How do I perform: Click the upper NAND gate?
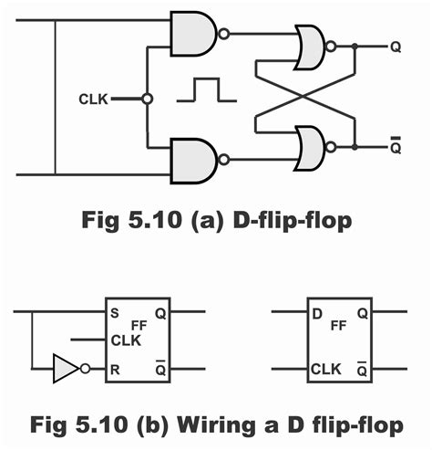pyautogui.click(x=192, y=34)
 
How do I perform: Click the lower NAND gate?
pyautogui.click(x=192, y=158)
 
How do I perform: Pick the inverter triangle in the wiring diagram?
pyautogui.click(x=67, y=369)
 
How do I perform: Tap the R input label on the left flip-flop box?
pyautogui.click(x=115, y=369)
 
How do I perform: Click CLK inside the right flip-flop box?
pyautogui.click(x=325, y=369)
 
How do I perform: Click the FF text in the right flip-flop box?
pyautogui.click(x=338, y=324)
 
